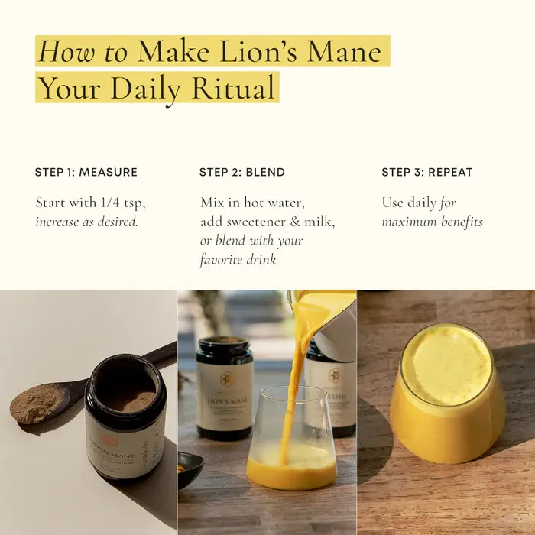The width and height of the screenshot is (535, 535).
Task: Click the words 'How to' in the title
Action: [83, 51]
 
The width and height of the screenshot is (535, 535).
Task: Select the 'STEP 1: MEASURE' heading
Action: [86, 172]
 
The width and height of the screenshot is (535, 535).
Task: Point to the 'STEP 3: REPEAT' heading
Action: [427, 172]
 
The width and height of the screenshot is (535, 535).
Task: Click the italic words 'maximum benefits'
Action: [432, 222]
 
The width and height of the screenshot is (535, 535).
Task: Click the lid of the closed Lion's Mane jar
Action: [224, 345]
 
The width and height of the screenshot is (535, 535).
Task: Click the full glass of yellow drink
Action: [446, 394]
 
